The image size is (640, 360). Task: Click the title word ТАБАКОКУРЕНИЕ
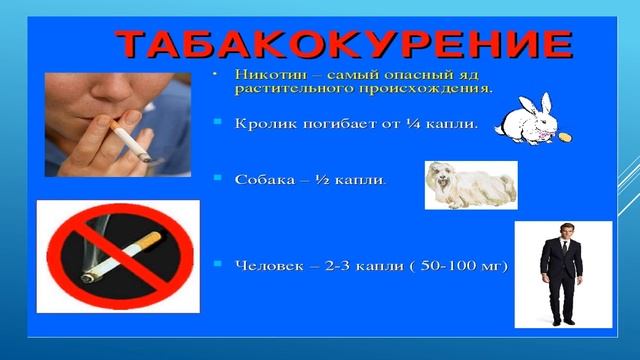345,45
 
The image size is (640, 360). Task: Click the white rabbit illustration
530,119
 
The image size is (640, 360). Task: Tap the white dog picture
469,185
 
